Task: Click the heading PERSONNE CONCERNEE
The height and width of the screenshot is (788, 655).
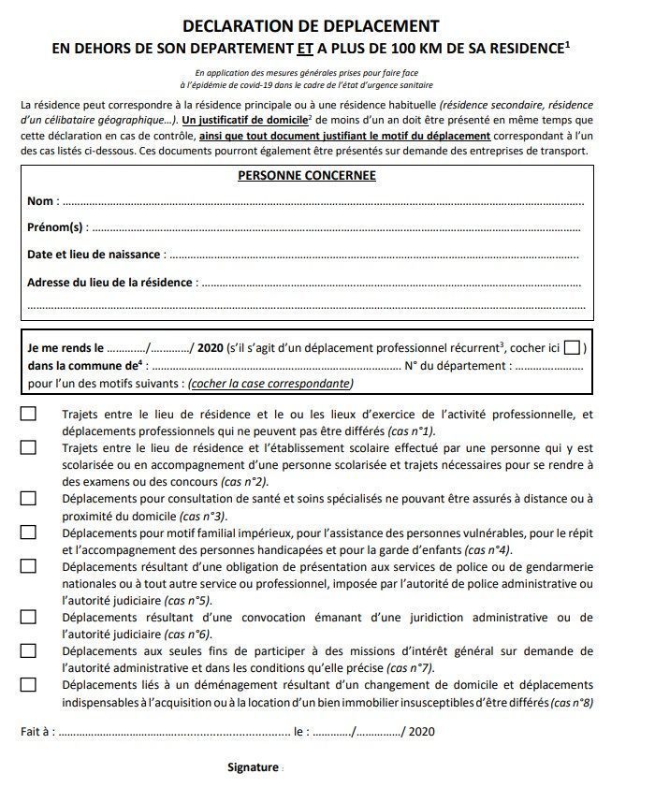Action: (306, 175)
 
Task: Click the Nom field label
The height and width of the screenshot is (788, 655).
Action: (41, 201)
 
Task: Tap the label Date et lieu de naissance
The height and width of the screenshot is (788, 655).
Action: (94, 255)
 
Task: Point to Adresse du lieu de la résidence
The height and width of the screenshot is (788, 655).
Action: (109, 282)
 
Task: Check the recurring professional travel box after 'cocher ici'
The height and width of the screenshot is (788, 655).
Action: (571, 348)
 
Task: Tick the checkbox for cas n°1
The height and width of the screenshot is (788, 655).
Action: (28, 414)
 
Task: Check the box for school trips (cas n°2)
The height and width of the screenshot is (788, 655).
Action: (28, 448)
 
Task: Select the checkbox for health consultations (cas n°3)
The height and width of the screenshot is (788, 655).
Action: (28, 499)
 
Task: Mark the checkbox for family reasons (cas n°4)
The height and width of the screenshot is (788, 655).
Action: (28, 533)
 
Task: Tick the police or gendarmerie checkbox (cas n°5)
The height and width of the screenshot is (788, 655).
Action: (28, 566)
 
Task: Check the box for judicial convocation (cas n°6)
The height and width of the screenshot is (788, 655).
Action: (28, 617)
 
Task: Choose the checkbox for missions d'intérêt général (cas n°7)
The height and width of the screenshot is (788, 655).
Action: (28, 650)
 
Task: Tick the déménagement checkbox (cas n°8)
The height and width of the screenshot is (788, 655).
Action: (28, 684)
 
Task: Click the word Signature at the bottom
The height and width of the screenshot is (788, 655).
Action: (253, 767)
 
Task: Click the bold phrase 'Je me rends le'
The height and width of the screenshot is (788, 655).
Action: (65, 348)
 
